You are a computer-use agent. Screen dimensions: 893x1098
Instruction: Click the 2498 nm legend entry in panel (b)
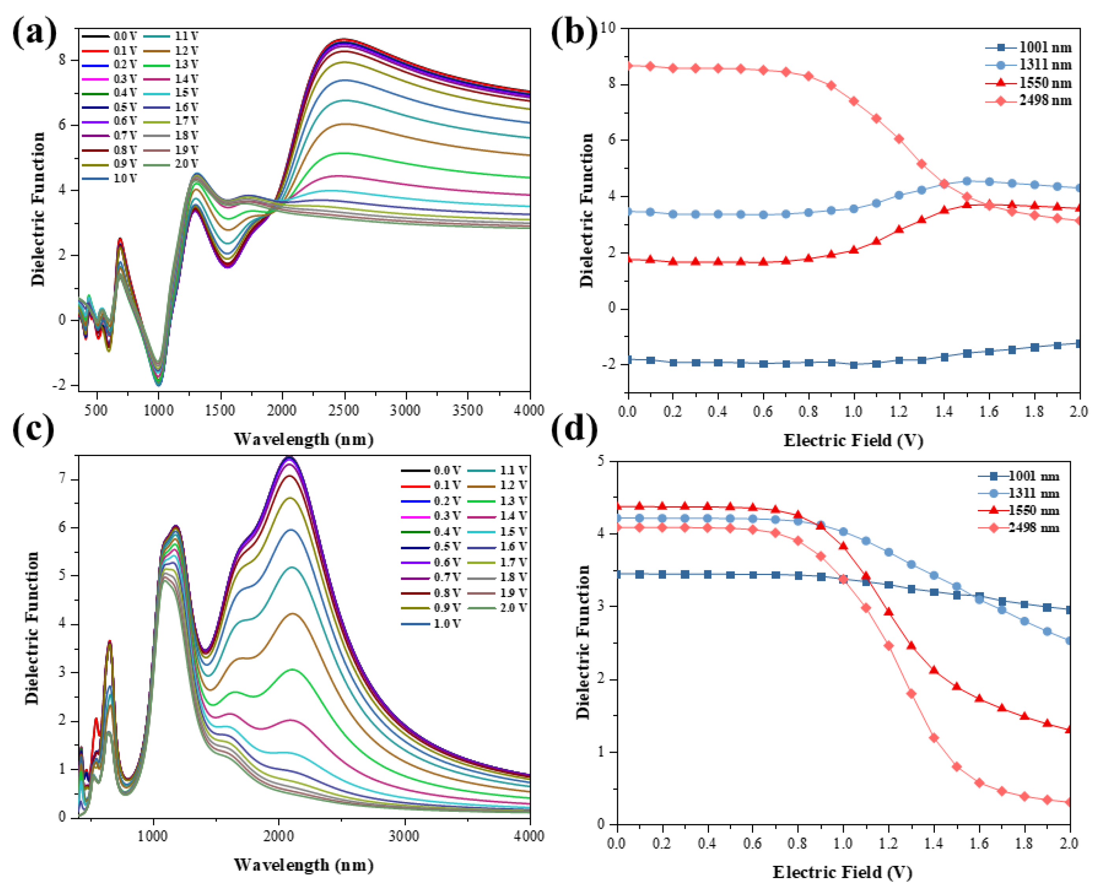pyautogui.click(x=1044, y=100)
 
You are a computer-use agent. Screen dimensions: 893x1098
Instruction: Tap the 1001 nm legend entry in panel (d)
pyautogui.click(x=1033, y=476)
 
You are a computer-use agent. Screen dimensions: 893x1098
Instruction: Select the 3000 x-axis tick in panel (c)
pyautogui.click(x=404, y=836)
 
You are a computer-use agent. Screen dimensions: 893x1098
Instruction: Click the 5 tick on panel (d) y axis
pyautogui.click(x=601, y=461)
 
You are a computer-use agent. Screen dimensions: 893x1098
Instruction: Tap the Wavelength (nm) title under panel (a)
pyautogui.click(x=303, y=439)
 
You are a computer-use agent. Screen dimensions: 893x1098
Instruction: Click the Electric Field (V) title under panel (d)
pyautogui.click(x=842, y=872)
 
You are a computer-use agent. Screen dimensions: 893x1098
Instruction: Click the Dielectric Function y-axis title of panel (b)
pyautogui.click(x=586, y=210)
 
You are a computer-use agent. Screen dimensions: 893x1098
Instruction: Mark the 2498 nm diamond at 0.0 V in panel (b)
pyautogui.click(x=628, y=66)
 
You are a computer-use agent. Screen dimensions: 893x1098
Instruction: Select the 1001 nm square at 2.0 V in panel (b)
pyautogui.click(x=1079, y=344)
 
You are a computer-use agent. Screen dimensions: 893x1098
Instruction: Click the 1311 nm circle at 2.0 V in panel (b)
pyautogui.click(x=1079, y=188)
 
